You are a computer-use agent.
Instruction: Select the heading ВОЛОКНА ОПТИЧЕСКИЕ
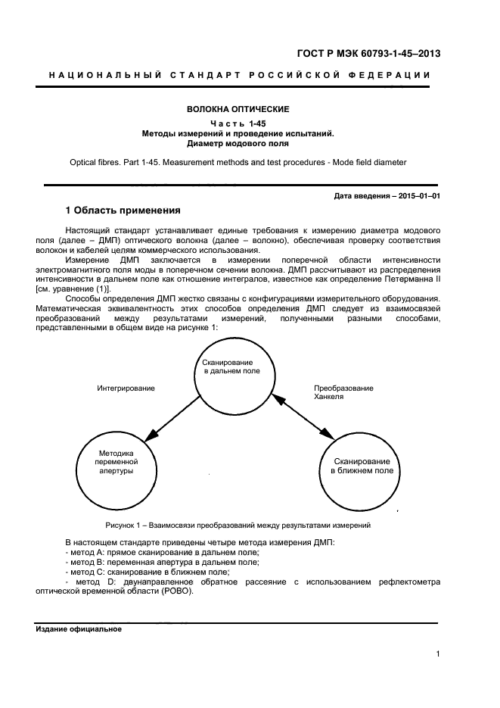[238, 110]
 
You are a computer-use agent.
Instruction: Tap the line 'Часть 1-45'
[238, 123]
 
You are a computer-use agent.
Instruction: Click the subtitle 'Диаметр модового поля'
[238, 142]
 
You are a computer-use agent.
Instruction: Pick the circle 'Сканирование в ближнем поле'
[362, 466]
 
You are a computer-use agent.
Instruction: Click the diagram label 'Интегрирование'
[126, 388]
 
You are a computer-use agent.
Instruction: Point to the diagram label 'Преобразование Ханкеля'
[343, 392]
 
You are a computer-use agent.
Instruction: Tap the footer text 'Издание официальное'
[78, 630]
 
